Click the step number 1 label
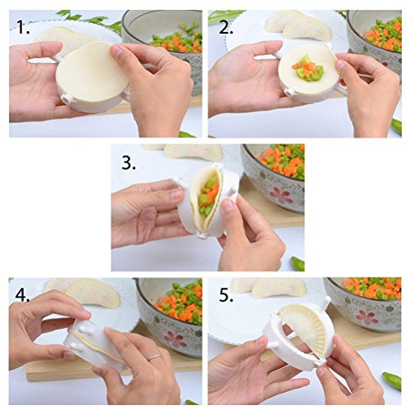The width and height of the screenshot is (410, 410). [x=23, y=27]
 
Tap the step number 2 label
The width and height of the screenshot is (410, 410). [x=226, y=27]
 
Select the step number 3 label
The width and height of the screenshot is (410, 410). [x=129, y=162]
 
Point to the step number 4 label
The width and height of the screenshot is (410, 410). [x=22, y=294]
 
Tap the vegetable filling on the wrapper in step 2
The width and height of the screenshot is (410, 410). [x=308, y=68]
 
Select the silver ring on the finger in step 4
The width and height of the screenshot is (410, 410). [x=155, y=357]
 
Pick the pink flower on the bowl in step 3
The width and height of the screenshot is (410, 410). [x=281, y=194]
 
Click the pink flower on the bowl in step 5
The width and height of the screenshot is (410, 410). [x=367, y=317]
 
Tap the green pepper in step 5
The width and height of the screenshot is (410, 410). [x=392, y=380]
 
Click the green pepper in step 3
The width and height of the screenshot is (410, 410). [x=298, y=263]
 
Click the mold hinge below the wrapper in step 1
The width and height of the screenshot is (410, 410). [x=67, y=98]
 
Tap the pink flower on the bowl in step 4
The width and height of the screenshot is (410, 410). [x=175, y=339]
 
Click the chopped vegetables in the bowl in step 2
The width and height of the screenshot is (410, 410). [x=383, y=34]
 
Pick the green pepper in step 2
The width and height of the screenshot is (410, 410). [x=396, y=126]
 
